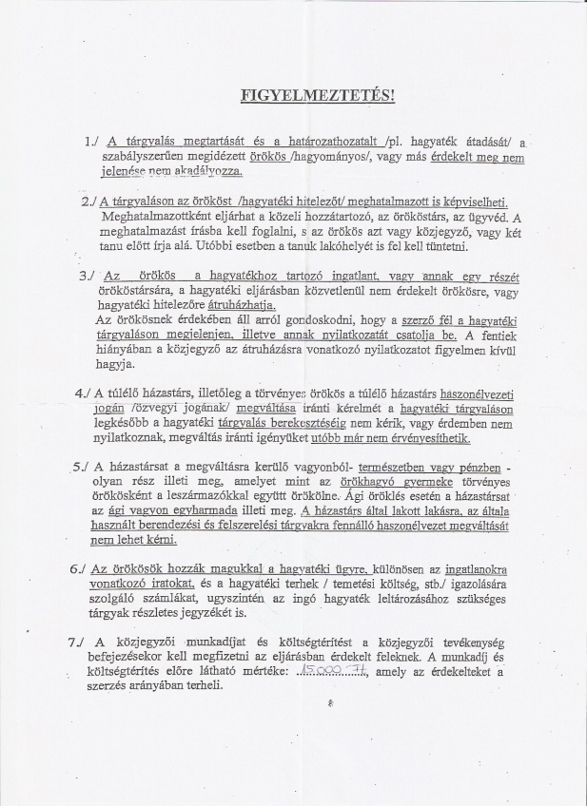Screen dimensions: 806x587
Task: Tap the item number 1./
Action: (91, 142)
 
